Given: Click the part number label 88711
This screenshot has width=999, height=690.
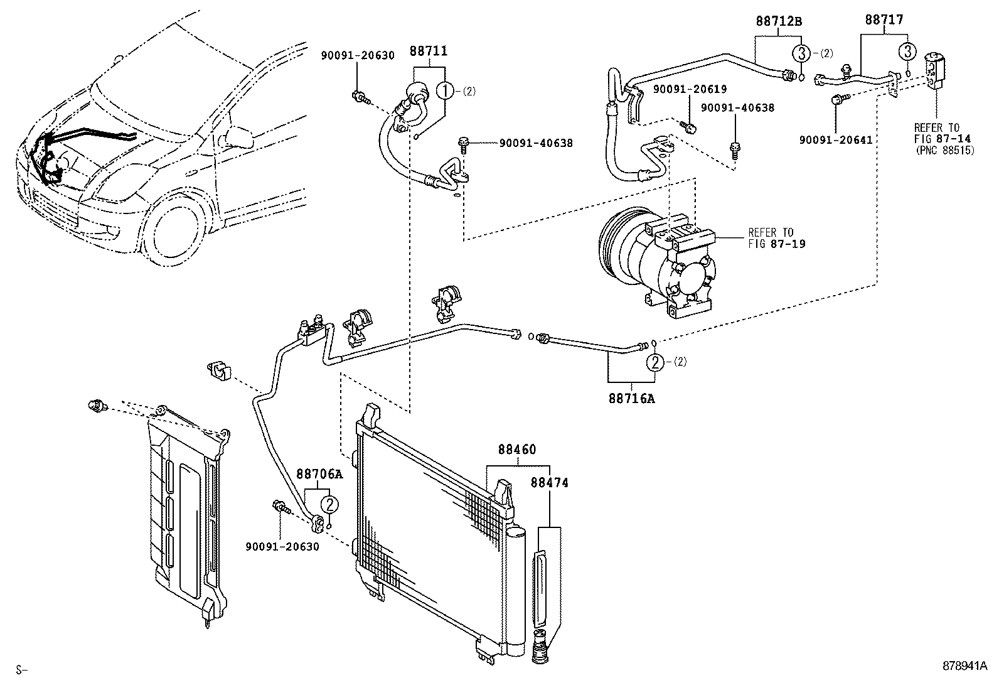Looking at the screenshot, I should tap(429, 51).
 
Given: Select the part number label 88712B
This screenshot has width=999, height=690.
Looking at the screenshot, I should tap(778, 21).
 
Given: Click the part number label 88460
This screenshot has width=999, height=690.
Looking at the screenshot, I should tap(517, 450).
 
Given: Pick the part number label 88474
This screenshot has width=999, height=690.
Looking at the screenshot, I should tap(549, 482).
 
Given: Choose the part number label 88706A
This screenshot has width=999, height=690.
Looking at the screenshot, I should tap(319, 474).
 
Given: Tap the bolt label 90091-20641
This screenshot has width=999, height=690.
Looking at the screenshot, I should tap(835, 139).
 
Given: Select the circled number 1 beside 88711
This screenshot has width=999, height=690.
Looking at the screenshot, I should tap(445, 91).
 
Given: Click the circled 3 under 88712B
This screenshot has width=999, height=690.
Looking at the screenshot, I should tap(801, 53).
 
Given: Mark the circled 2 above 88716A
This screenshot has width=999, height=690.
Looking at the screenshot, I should tap(655, 362).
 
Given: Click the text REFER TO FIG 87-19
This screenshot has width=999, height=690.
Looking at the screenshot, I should tap(776, 238).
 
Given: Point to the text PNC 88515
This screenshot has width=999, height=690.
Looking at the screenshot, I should tap(944, 151).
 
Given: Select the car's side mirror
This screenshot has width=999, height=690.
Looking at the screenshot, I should tap(238, 134).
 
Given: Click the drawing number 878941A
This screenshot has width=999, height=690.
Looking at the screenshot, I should tap(963, 666).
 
